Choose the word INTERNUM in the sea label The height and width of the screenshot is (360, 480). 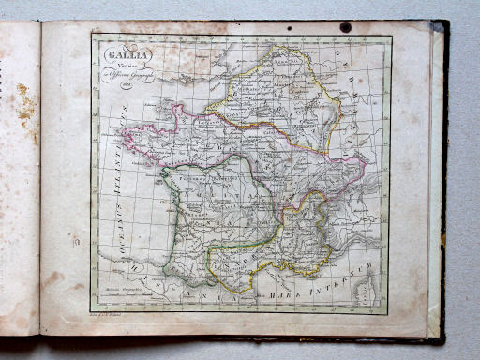pyautogui.click(x=351, y=271)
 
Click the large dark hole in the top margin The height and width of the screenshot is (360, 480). pyautogui.click(x=345, y=27)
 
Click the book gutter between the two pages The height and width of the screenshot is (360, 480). pyautogui.click(x=41, y=178)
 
